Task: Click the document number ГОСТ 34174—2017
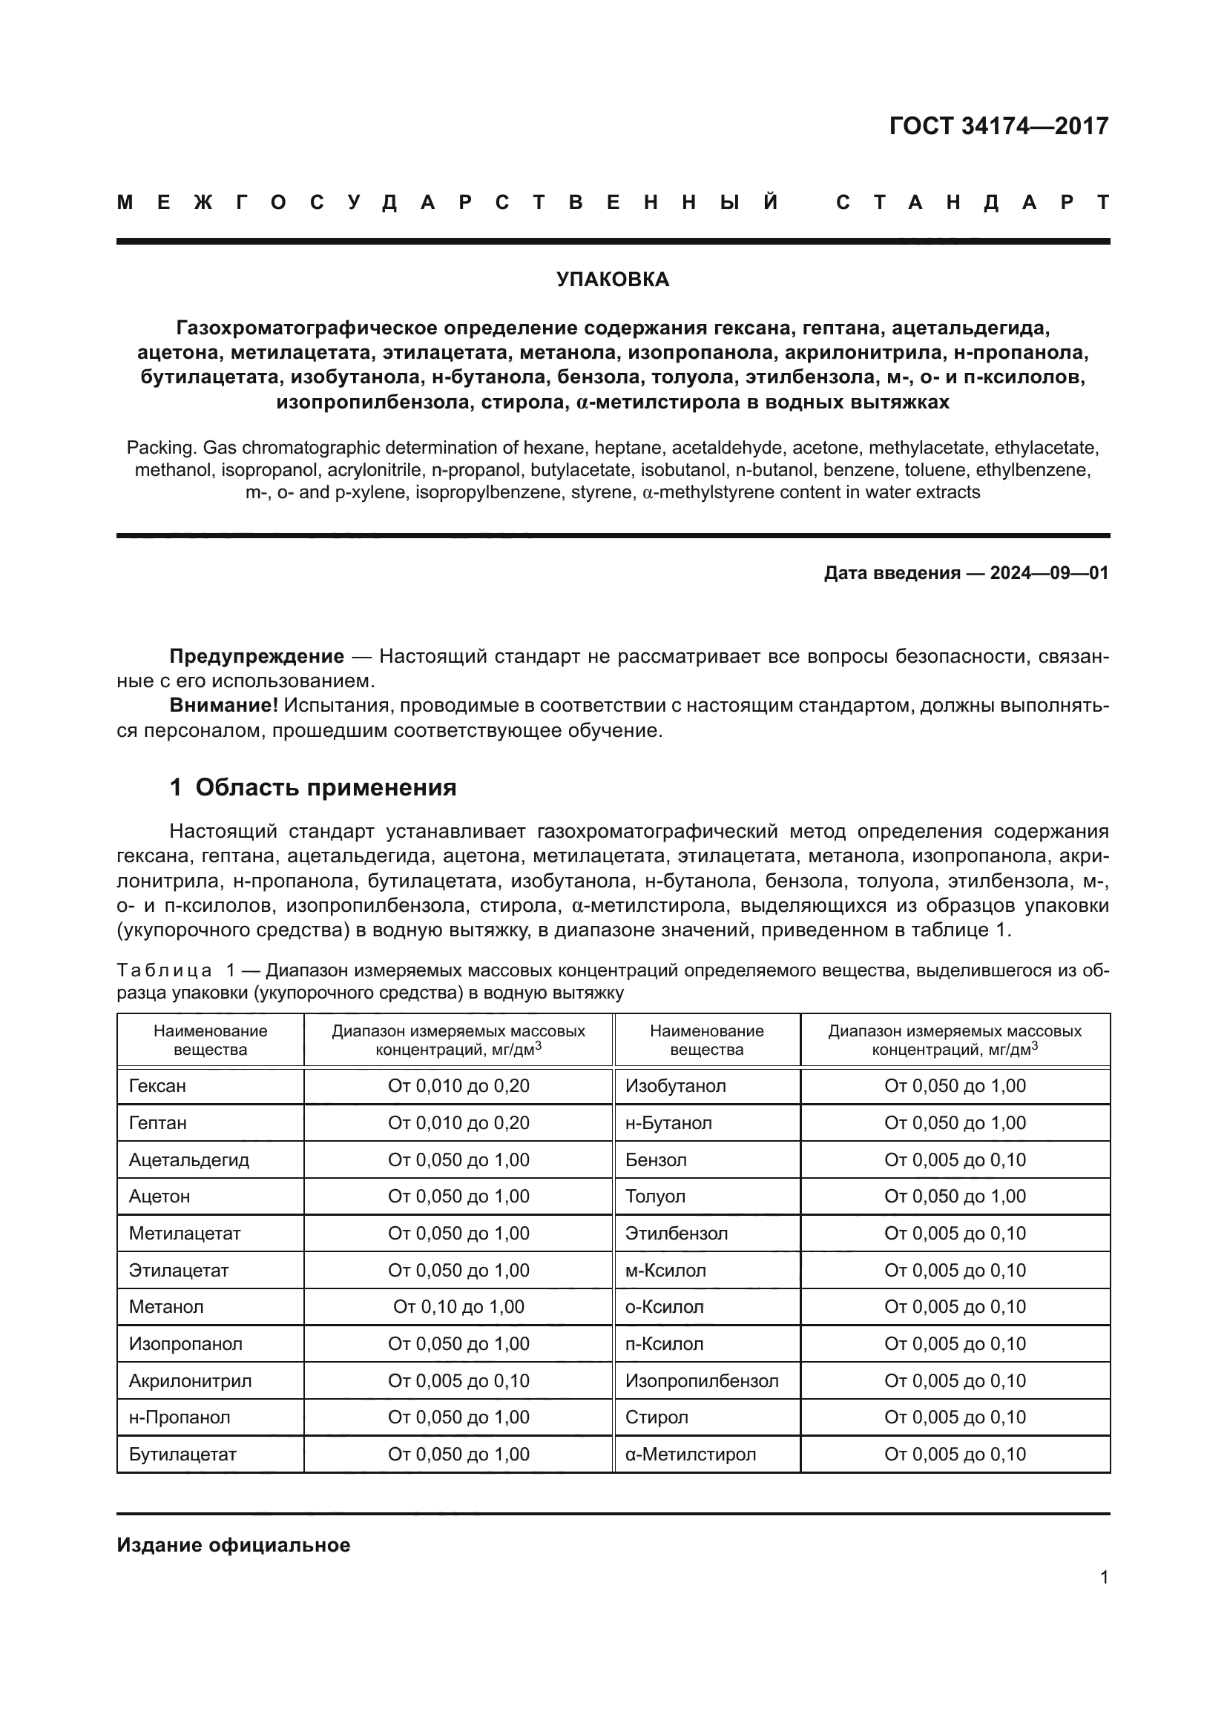click(x=998, y=126)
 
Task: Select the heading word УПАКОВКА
click(x=613, y=279)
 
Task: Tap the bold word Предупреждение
click(x=257, y=656)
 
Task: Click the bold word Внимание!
click(x=223, y=705)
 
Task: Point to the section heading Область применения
click(x=326, y=788)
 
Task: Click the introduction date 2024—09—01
click(x=1049, y=573)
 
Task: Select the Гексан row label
click(x=157, y=1086)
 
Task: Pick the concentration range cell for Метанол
click(x=458, y=1307)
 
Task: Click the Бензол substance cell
click(x=656, y=1159)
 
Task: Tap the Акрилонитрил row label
click(x=190, y=1380)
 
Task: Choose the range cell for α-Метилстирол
click(x=955, y=1455)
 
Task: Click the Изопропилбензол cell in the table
click(x=702, y=1380)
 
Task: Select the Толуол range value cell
click(x=955, y=1197)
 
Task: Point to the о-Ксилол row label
click(x=664, y=1307)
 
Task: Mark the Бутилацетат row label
click(x=182, y=1455)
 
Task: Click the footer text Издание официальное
click(x=234, y=1545)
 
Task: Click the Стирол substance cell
click(x=657, y=1417)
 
